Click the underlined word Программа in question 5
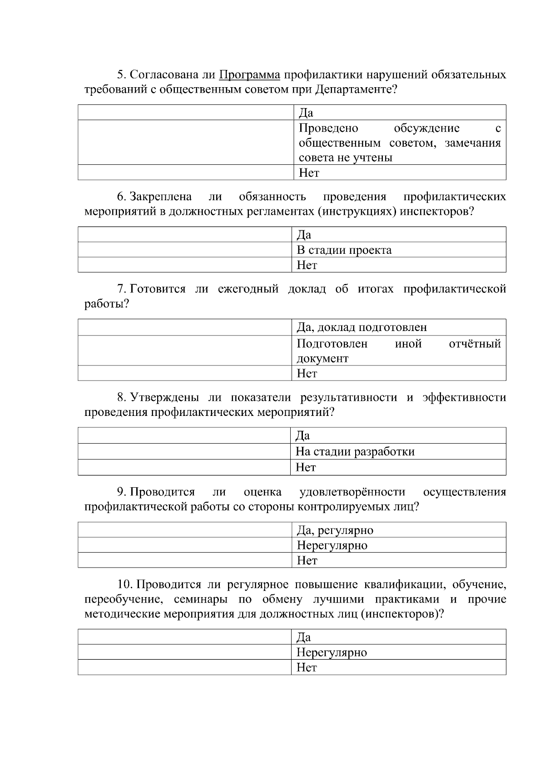249,74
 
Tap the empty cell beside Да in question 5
186,113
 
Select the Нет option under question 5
309,173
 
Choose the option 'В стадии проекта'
344,250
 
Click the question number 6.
121,197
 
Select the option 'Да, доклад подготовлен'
362,327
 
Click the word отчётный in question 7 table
475,344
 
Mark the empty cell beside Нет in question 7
185,373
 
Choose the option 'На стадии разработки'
355,452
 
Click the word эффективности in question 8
464,397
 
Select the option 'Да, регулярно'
335,530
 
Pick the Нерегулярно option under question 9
332,545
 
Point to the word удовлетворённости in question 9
352,492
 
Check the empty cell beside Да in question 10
185,637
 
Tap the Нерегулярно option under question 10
332,652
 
